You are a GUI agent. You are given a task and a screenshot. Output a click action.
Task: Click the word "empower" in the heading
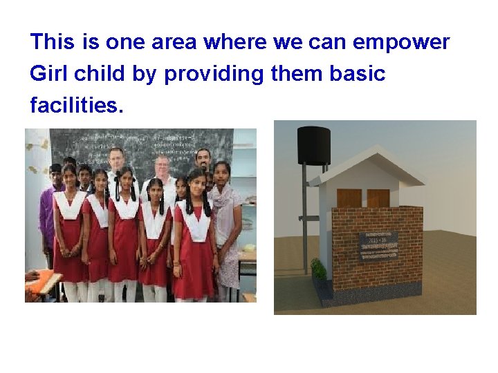[x=401, y=43]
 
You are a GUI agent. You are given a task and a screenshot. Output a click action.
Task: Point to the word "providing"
[x=214, y=74]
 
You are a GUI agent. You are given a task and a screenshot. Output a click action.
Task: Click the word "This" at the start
[x=52, y=43]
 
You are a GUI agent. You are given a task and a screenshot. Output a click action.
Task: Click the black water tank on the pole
[x=313, y=146]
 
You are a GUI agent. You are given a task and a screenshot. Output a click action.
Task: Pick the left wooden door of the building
[x=349, y=198]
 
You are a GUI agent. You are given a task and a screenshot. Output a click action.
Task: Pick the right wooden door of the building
[x=378, y=198]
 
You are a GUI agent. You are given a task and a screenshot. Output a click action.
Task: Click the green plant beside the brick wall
[x=319, y=269]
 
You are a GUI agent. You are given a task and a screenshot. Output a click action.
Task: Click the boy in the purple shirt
[x=48, y=207]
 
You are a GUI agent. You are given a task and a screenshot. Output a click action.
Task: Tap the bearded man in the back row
[x=203, y=160]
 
